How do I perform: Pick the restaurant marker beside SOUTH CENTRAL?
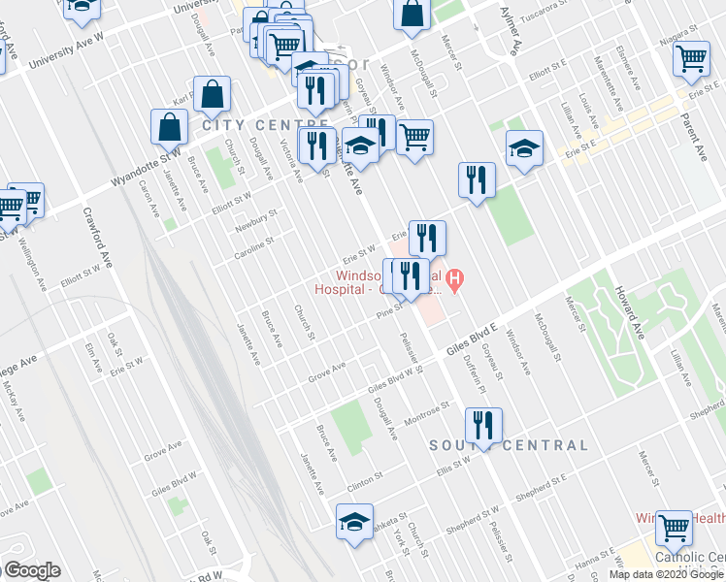coord(481,424)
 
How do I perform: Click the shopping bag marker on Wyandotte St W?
coord(170,126)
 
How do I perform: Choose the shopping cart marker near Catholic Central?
coord(673,528)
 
